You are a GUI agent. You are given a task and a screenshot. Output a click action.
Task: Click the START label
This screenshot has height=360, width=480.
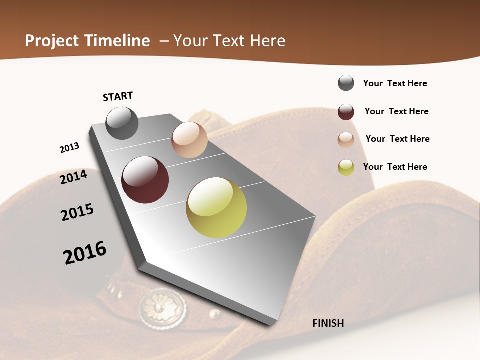(118, 96)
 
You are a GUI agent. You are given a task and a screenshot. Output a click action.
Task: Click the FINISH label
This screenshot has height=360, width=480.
(328, 323)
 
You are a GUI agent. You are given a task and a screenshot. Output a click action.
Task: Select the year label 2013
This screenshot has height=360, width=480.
(69, 148)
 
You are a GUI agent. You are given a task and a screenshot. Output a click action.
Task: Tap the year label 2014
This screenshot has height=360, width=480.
(73, 177)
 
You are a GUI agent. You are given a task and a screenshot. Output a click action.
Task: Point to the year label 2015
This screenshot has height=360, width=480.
(77, 212)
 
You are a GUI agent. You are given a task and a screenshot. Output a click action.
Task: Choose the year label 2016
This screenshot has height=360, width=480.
(85, 252)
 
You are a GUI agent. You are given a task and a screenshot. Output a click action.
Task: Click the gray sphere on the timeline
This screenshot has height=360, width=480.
(122, 123)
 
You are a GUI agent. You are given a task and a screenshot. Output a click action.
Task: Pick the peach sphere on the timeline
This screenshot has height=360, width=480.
(189, 140)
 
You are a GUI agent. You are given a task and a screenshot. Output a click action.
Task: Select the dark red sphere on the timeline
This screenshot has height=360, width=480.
(145, 180)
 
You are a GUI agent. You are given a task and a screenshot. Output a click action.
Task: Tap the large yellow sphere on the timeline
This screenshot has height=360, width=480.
(216, 207)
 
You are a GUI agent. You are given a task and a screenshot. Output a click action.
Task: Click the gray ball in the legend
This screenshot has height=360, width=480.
(346, 83)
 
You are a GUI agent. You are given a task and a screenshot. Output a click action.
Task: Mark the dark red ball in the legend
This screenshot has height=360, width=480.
(346, 112)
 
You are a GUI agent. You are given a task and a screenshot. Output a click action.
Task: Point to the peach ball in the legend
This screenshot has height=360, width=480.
(346, 140)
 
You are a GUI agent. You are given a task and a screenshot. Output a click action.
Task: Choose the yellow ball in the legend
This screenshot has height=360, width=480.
(346, 167)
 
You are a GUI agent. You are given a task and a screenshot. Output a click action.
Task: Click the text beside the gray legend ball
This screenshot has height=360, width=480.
(395, 83)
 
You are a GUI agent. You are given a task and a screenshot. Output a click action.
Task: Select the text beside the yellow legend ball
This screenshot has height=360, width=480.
(395, 167)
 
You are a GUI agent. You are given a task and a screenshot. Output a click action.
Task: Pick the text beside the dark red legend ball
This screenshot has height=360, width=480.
(396, 111)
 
